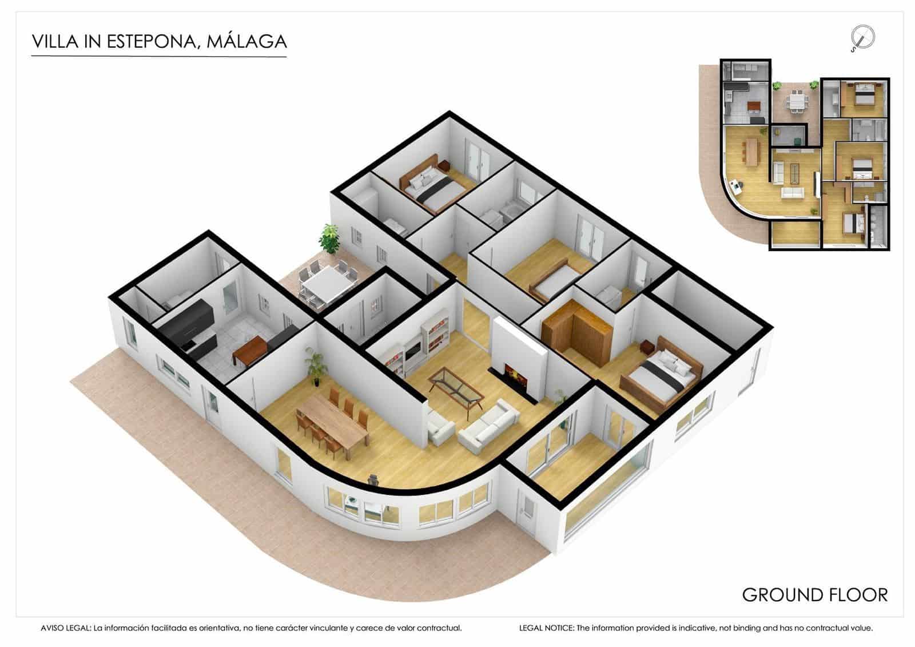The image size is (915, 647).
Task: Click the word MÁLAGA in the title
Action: pos(246,42)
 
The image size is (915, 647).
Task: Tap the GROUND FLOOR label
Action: pos(814,595)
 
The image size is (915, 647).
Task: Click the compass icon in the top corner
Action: pos(862,38)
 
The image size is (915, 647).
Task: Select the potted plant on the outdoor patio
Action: pos(329,239)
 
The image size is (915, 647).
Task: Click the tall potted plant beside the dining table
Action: pos(314,367)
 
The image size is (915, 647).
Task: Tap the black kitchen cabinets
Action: pos(187,327)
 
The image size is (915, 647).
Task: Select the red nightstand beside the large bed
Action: pos(647,347)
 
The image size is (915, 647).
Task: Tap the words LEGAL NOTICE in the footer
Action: pos(546,628)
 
